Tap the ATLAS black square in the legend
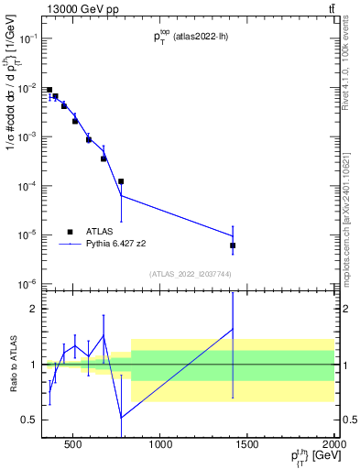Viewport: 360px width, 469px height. point(70,232)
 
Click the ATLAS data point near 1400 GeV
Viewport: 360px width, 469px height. point(233,245)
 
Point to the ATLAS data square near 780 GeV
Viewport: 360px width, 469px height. point(121,181)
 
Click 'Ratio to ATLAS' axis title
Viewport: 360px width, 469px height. point(12,365)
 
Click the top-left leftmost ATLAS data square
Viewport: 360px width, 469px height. point(49,90)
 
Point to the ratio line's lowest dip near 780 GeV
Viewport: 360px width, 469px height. point(122,418)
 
